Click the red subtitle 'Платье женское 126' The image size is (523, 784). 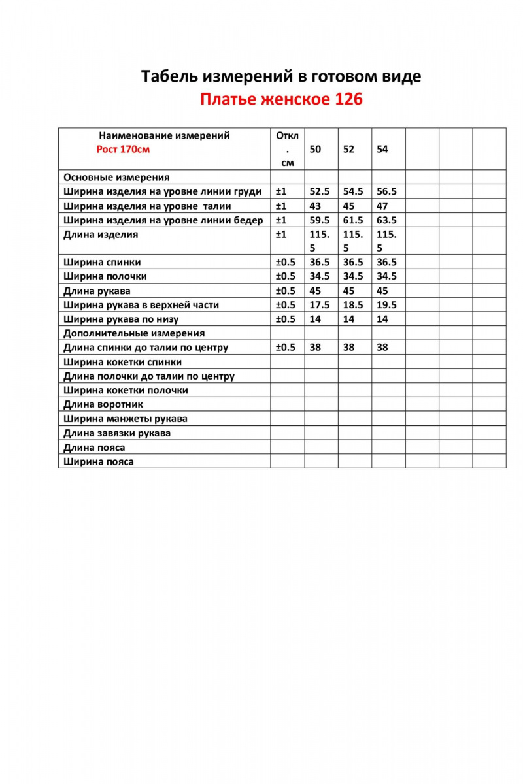point(281,100)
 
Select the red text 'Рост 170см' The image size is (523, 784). point(123,149)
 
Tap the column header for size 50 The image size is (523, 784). point(315,149)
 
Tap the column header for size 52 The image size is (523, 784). point(348,149)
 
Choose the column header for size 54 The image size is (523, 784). point(382,149)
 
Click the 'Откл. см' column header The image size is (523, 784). point(287,149)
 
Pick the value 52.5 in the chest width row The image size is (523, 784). point(320,192)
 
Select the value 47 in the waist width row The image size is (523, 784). point(382,206)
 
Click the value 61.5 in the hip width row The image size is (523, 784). point(353,220)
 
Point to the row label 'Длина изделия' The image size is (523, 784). point(101,235)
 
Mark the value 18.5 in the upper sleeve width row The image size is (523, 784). point(353,305)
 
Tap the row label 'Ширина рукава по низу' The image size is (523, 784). point(121,319)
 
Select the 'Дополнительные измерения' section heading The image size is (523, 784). point(134,333)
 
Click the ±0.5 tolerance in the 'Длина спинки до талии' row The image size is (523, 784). point(286,348)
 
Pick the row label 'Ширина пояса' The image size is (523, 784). point(99,461)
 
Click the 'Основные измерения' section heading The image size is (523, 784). point(116,177)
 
